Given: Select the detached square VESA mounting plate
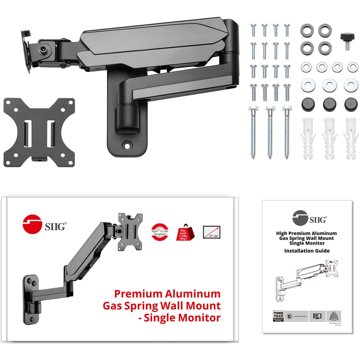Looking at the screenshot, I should click(39, 130).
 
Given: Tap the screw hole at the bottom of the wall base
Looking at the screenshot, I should click(128, 146).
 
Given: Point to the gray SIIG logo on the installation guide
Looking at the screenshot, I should click(300, 218).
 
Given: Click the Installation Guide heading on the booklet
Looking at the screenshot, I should click(307, 251).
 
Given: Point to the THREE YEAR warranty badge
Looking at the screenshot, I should click(278, 314).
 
